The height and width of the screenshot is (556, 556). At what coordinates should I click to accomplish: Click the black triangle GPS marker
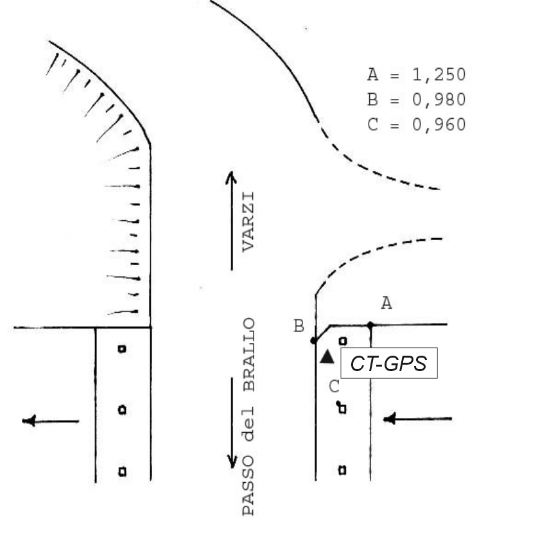click(x=327, y=357)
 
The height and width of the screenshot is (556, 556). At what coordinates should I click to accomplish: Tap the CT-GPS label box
click(x=389, y=363)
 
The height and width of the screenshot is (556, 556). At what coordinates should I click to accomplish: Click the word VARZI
click(x=248, y=222)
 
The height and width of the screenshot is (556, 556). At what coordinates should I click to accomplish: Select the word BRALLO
click(x=249, y=354)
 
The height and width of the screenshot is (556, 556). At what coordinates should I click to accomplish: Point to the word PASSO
click(x=248, y=486)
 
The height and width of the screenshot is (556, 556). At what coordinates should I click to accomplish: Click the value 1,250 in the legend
click(x=439, y=75)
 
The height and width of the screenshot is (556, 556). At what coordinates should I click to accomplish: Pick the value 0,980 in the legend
click(x=439, y=100)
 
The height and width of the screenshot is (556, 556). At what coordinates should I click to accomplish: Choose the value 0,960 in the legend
click(x=439, y=125)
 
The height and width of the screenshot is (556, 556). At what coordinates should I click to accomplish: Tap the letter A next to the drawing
click(x=387, y=303)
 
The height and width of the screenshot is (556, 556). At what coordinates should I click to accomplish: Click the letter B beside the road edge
click(x=299, y=326)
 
